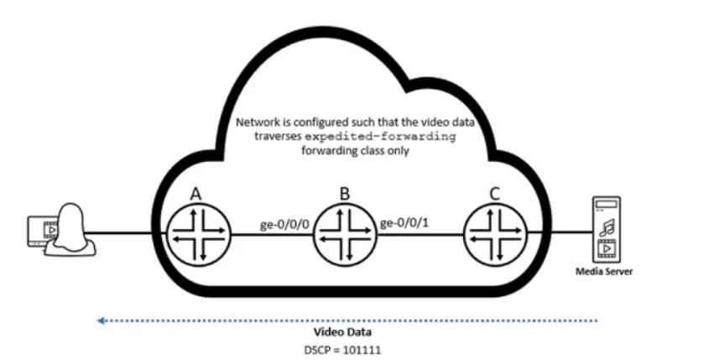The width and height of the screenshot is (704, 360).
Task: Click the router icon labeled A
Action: pos(198,234)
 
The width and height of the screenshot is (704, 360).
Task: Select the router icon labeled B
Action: pos(345,234)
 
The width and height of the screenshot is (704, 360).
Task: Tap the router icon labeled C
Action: pos(495,234)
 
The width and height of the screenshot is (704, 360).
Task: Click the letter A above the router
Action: pos(196,194)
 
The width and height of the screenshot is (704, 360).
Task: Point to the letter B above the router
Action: pos(344,194)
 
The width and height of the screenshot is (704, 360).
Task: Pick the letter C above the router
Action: pos(494,194)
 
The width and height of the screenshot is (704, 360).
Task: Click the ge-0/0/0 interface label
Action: pos(284,224)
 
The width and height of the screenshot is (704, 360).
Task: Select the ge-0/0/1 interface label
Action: pos(404,222)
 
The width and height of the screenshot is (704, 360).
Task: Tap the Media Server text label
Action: pos(604,272)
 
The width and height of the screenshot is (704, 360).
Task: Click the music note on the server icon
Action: pos(606,227)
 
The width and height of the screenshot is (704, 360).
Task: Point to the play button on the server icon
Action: pos(607,248)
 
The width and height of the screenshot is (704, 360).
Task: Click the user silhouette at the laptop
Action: pos(70,230)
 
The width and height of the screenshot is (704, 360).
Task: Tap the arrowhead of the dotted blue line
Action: pos(101,321)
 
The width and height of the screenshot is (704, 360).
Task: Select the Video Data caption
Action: pos(342,332)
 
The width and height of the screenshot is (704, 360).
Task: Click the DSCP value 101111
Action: pos(362,350)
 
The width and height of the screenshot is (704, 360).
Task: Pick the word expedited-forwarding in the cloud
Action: pos(381,136)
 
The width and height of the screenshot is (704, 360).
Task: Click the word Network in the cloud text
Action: pos(254,122)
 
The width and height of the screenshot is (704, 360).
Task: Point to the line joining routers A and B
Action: pos(271,234)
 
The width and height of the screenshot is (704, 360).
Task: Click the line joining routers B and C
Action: pos(420,234)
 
